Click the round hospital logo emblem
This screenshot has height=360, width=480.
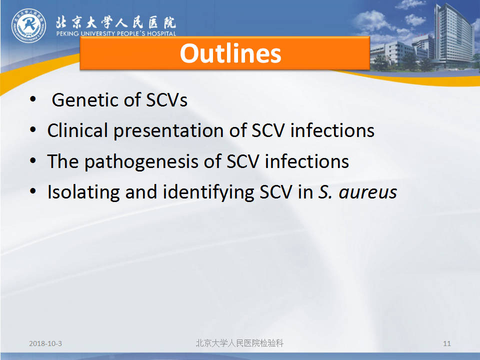[29, 25]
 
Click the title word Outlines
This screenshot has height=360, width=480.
[230, 53]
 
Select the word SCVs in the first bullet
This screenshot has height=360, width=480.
[166, 100]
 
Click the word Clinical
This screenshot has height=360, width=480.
[77, 130]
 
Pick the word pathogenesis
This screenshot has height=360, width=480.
[141, 161]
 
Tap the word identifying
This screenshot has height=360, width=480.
[208, 192]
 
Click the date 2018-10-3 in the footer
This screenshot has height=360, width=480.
[45, 343]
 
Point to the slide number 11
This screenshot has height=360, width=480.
[447, 343]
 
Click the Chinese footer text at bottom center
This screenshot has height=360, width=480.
[239, 343]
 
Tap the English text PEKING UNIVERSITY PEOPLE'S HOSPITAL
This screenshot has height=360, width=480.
[116, 33]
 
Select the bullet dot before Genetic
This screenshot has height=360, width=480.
[33, 99]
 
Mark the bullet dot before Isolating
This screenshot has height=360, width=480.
[33, 191]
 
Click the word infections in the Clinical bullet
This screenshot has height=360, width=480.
[332, 130]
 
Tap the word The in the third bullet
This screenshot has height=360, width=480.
[63, 161]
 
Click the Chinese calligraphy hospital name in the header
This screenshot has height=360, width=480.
[115, 22]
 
